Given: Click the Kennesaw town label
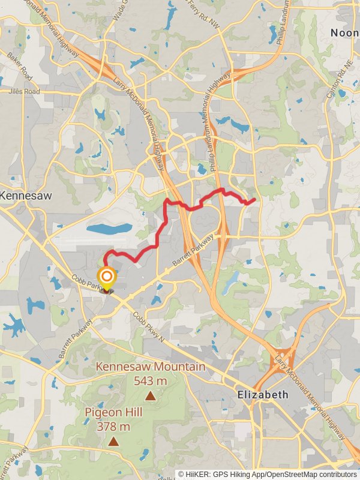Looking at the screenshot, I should coord(26,196).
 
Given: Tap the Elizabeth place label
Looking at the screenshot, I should coord(263,395).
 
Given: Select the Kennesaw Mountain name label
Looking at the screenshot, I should coord(151,367).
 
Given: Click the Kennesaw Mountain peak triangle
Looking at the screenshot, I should coord(150,396).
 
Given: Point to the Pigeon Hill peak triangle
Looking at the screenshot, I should coord(113,442).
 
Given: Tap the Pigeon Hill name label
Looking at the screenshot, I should coord(113,413).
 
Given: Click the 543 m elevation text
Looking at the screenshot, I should coord(150,380).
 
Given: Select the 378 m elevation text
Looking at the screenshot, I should coord(113,427).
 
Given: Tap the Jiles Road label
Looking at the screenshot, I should coord(24,91).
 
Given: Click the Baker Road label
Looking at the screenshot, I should coord(20,66).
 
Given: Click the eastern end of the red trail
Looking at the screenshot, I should coord(255,199).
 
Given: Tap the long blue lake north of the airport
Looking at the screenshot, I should coord(109,229).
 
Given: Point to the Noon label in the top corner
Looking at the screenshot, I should coord(344,33).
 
